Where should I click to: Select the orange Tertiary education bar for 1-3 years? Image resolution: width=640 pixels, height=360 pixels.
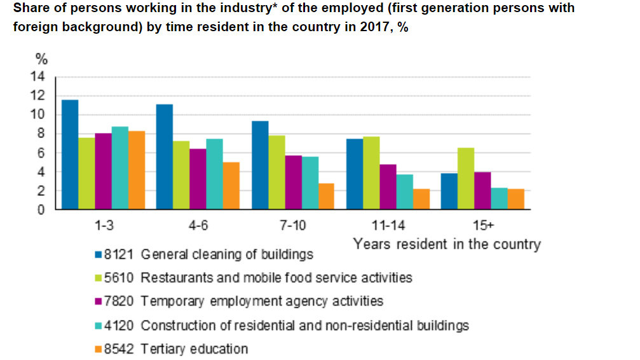136,170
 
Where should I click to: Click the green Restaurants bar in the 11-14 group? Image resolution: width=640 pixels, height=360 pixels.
371,173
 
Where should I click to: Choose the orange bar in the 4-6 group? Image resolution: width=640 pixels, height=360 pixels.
231,186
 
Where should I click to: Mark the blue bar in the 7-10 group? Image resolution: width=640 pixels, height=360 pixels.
259,165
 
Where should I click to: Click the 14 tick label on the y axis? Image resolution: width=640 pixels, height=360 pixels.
39,77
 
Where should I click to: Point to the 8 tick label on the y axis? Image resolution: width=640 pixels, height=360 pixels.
42,134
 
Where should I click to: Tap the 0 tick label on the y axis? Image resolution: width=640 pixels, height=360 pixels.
42,210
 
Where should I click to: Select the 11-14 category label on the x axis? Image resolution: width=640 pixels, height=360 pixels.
388,226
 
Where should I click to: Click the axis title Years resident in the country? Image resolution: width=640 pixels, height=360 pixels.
447,244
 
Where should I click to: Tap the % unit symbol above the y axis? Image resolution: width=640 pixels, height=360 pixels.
41,60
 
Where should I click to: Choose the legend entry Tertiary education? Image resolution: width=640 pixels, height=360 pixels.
194,349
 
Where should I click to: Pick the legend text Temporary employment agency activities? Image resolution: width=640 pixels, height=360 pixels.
262,301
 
